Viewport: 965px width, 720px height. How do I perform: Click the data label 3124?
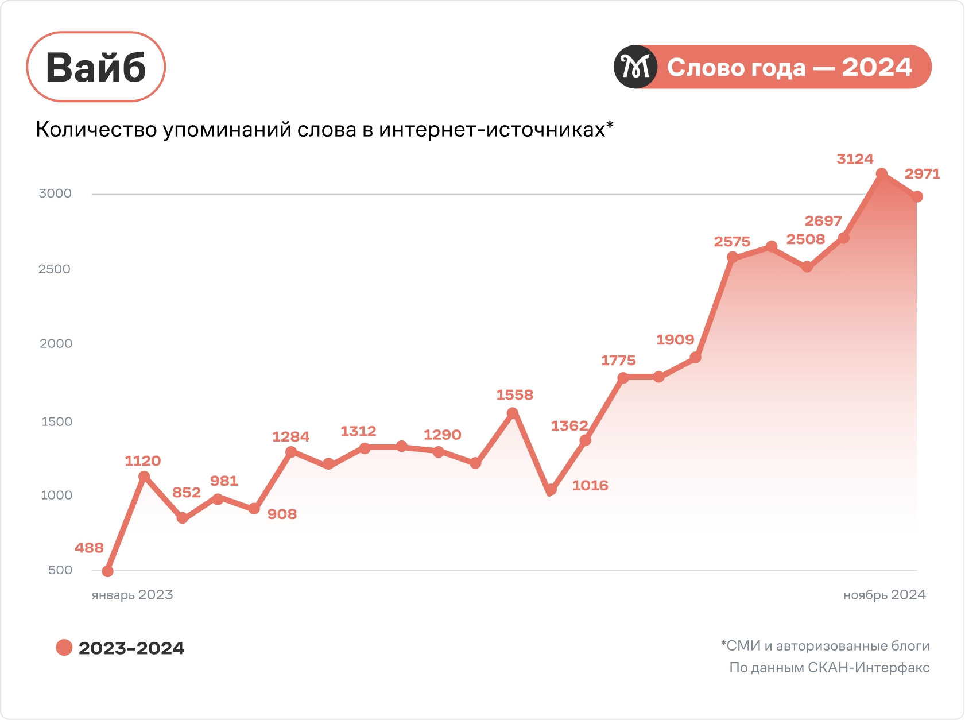tap(855, 159)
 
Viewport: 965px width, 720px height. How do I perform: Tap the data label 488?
tap(89, 548)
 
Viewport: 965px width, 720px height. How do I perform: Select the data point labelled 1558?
tap(513, 413)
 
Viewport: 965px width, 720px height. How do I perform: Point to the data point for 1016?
tap(551, 490)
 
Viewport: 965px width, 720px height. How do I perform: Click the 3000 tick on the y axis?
tap(55, 193)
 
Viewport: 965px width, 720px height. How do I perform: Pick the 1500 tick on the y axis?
tap(56, 421)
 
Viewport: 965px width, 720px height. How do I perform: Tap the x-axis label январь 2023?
tap(132, 595)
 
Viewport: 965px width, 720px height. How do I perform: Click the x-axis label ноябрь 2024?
tap(884, 595)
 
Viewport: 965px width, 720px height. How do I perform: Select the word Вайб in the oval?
tap(96, 68)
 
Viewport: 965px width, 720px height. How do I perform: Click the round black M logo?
tap(635, 67)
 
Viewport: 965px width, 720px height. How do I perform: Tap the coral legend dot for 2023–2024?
tap(64, 648)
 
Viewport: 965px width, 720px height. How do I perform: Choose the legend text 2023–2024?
tap(131, 648)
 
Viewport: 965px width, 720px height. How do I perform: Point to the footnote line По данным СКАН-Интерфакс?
tap(829, 668)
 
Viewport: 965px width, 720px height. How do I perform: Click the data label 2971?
tap(922, 174)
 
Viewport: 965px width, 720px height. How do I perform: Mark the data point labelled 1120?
tap(144, 477)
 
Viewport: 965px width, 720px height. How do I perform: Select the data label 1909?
tap(675, 340)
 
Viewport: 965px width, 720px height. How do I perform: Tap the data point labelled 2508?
tap(807, 267)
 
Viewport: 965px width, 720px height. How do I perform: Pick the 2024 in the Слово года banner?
tap(877, 67)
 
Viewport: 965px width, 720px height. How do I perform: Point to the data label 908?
tap(282, 514)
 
